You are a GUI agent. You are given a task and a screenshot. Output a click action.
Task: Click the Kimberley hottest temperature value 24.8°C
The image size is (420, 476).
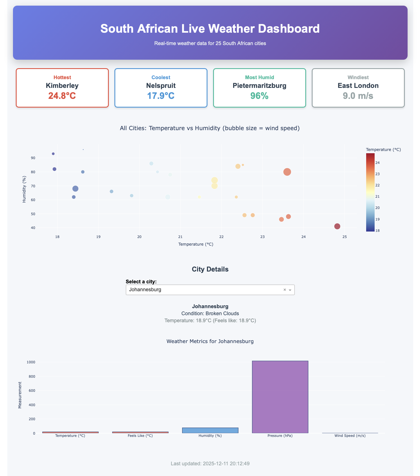click(62, 96)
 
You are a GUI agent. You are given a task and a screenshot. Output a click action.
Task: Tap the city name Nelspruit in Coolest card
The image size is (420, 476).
click(161, 86)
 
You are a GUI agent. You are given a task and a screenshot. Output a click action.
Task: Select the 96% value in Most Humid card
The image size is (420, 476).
click(259, 96)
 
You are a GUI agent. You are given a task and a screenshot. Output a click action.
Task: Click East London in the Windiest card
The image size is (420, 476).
click(358, 86)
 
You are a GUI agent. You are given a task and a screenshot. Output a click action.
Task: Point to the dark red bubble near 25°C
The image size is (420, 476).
click(337, 226)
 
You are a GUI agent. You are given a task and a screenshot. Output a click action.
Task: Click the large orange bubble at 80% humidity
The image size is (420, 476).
click(287, 172)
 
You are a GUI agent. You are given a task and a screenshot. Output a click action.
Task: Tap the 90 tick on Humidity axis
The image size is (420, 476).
click(33, 158)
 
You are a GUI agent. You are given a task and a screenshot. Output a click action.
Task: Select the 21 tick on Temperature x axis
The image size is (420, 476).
click(180, 237)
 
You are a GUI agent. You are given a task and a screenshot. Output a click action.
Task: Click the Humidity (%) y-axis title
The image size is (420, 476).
click(24, 189)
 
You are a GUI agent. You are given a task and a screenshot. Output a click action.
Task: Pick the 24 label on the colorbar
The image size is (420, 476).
click(377, 163)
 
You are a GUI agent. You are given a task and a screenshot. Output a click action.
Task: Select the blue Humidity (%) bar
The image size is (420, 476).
click(210, 430)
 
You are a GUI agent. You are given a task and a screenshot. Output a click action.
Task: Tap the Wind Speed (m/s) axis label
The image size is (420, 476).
click(350, 436)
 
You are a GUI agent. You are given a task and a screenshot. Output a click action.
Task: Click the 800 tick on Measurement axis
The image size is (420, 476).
click(31, 376)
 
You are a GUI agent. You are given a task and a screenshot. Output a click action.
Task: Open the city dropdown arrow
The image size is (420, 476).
click(290, 290)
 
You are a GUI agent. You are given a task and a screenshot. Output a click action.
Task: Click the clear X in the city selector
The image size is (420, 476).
click(284, 290)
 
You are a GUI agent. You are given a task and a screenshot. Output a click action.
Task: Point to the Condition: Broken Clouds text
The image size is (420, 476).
click(210, 313)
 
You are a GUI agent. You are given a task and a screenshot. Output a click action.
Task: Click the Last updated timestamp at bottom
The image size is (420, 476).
click(210, 464)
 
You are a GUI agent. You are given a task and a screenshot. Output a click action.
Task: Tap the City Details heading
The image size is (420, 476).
click(210, 269)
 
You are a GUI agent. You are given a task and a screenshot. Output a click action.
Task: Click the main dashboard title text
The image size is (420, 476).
click(210, 29)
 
